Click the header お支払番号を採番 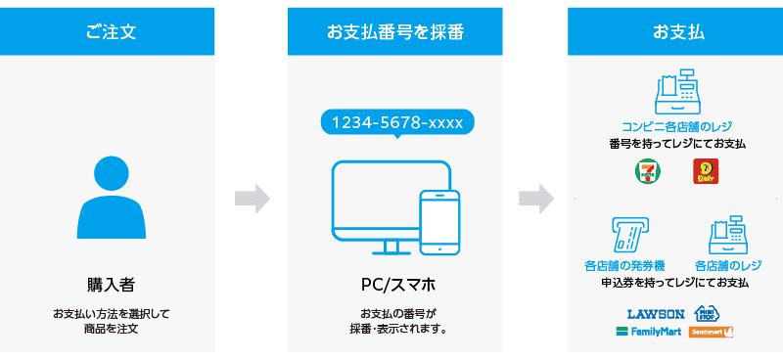click(x=394, y=31)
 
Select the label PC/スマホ click(x=396, y=286)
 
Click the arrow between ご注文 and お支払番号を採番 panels click(x=253, y=200)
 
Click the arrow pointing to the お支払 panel click(x=535, y=200)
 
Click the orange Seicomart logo click(x=712, y=332)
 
